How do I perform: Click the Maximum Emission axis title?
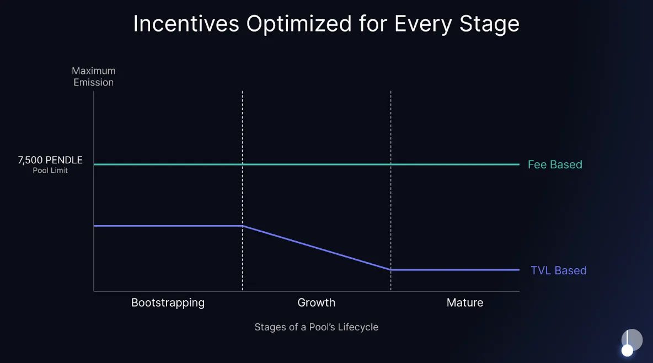93,77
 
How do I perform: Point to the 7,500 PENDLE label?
50,160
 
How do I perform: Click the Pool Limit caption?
50,170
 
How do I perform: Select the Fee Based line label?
555,164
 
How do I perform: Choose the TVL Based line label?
558,270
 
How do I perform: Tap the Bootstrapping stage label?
168,303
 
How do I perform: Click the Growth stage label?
316,303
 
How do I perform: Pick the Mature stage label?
465,303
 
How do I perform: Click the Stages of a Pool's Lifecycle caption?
316,327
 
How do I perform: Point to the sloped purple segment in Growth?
317,248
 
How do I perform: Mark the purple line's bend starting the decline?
243,226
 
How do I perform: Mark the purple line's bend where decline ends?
391,270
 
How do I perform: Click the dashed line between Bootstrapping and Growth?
243,127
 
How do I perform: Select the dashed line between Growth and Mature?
391,127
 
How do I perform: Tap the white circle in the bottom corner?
628,350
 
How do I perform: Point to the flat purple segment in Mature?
455,270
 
